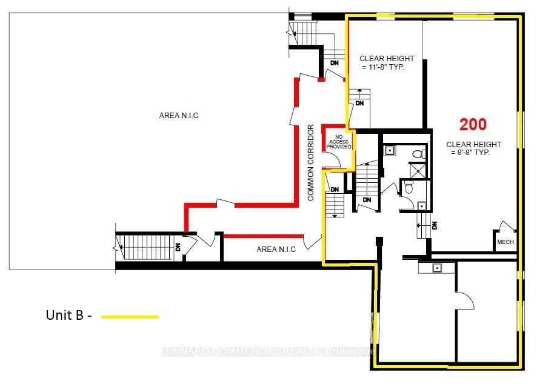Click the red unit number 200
[x=473, y=125]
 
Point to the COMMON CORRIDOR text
[x=311, y=163]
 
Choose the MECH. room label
[x=505, y=242]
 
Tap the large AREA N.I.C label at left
[x=179, y=115]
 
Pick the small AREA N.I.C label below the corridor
[x=276, y=249]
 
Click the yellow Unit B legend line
[x=130, y=316]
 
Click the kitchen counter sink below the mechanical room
[x=435, y=267]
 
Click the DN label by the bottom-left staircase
[x=178, y=247]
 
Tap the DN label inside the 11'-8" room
[x=359, y=104]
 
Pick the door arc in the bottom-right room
[x=465, y=300]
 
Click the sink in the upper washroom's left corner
[x=389, y=150]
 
